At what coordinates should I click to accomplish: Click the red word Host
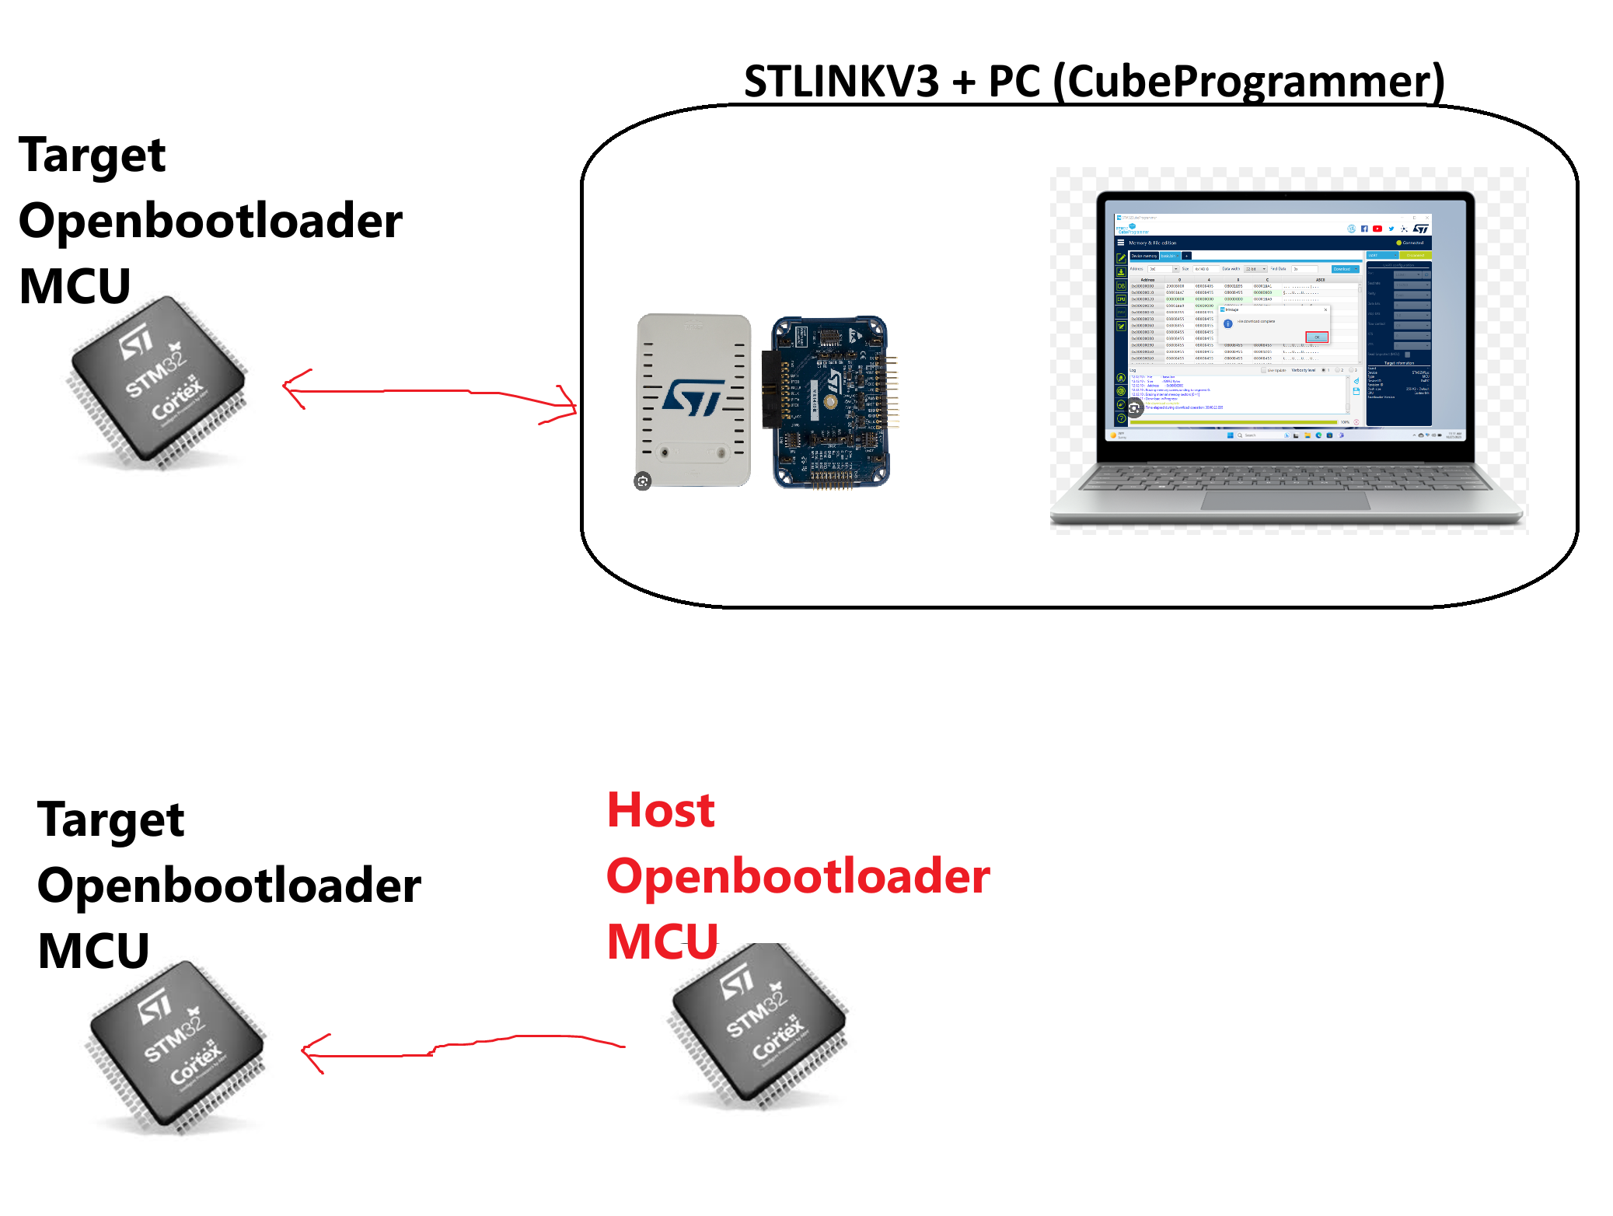click(x=661, y=811)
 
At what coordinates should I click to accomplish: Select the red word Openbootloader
click(x=798, y=876)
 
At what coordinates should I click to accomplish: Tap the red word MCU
click(x=662, y=941)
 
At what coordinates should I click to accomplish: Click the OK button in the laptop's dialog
click(x=1317, y=337)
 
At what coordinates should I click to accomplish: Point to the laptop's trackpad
click(x=1284, y=500)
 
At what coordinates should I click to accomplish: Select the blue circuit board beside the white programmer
click(x=830, y=401)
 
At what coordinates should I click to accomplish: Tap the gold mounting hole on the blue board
click(x=830, y=402)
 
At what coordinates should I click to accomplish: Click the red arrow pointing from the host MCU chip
click(x=463, y=1045)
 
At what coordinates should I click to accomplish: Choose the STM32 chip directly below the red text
click(x=756, y=1029)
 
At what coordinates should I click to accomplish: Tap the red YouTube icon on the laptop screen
click(x=1377, y=229)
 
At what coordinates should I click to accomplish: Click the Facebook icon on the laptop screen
click(x=1364, y=229)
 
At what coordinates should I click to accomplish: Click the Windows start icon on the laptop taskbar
click(x=1230, y=435)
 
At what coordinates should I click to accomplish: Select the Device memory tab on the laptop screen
click(x=1143, y=256)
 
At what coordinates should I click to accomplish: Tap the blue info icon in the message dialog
click(x=1228, y=323)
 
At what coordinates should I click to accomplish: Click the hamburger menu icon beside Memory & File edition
click(x=1121, y=243)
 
